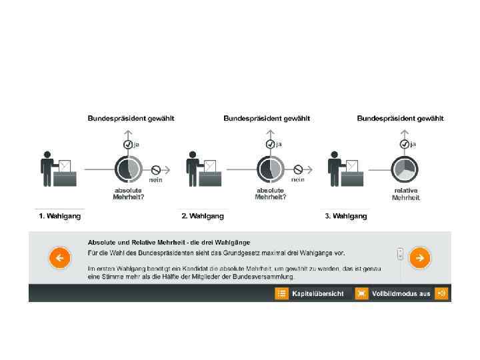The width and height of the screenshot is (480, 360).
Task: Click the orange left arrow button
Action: [x=59, y=257]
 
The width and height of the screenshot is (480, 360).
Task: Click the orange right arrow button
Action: [x=419, y=257]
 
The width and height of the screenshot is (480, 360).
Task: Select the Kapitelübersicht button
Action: [x=314, y=293]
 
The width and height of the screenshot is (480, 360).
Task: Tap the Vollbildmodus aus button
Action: [x=393, y=293]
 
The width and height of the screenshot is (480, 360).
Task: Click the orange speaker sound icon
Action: [x=441, y=293]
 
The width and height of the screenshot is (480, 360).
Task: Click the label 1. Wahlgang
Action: [x=60, y=216]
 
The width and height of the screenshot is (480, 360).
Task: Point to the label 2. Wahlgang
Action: [x=203, y=216]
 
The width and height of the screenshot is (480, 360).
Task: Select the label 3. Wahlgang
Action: [x=346, y=216]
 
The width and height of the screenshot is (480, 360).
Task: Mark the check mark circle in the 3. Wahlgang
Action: [x=404, y=144]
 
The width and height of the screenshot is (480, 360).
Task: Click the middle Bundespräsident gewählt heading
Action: [x=266, y=119]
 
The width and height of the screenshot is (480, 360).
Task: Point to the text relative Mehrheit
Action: [x=405, y=194]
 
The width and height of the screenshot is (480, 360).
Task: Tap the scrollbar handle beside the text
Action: [x=400, y=253]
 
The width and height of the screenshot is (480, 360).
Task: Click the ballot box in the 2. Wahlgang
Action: [x=209, y=177]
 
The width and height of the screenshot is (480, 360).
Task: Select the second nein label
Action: [x=298, y=179]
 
